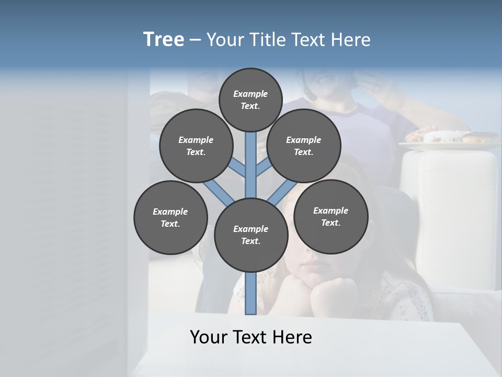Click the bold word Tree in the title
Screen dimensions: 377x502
164,40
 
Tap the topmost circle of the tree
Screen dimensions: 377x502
250,99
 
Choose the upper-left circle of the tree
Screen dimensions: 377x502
196,146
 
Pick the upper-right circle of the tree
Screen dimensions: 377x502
303,146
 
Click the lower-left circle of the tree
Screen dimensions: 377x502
170,217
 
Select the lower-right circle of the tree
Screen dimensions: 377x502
330,216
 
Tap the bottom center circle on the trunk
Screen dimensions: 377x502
251,235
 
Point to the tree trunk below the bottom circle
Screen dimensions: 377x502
251,293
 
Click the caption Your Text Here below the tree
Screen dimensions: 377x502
251,337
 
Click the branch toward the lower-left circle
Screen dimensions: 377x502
216,191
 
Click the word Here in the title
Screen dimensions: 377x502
351,40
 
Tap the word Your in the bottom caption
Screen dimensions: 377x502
209,337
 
